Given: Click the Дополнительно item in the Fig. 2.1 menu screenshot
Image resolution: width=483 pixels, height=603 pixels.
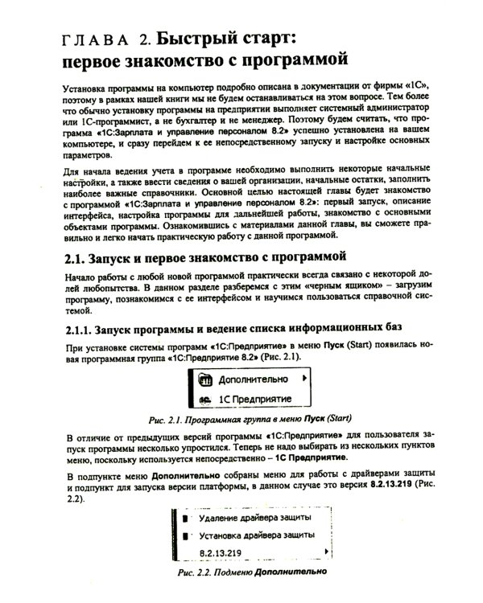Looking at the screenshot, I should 252,377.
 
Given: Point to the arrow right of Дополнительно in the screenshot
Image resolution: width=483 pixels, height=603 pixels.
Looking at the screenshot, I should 303,376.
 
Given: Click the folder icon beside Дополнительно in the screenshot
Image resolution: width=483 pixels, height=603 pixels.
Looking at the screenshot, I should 204,377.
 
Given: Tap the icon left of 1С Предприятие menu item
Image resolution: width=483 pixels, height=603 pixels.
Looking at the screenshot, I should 204,398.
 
